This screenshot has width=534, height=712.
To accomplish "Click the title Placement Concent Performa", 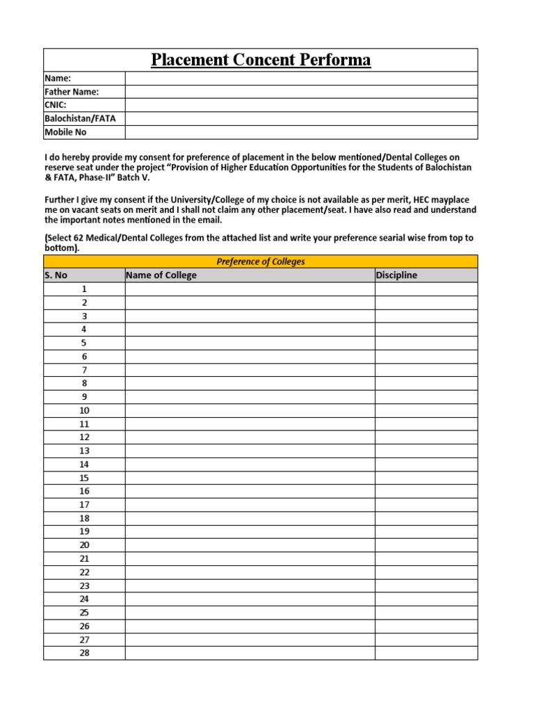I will [x=261, y=60].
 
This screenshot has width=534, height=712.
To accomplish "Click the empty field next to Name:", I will [x=301, y=79].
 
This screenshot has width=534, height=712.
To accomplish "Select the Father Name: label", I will [x=72, y=92].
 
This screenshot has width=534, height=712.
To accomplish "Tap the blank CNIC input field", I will [x=301, y=105].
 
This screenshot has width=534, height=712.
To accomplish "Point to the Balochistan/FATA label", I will [x=80, y=118].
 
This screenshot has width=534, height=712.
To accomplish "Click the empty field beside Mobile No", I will [x=301, y=132].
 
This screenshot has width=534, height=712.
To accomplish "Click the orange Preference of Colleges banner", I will [x=261, y=261].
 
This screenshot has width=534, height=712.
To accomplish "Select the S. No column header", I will [x=56, y=275].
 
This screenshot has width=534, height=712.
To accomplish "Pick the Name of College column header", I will [x=161, y=275].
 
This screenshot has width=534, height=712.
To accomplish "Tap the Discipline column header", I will [x=396, y=275].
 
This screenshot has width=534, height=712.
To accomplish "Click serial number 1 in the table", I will [x=84, y=289].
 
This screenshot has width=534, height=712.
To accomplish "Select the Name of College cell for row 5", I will [x=250, y=343].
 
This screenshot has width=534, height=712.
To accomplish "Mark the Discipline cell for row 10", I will [x=426, y=410].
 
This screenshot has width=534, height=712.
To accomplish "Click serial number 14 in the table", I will [x=84, y=464].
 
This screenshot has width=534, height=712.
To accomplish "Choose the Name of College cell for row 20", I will [x=250, y=545].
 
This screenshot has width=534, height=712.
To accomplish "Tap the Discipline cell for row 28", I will [x=426, y=653].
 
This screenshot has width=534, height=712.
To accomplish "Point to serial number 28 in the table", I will [x=84, y=653].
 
